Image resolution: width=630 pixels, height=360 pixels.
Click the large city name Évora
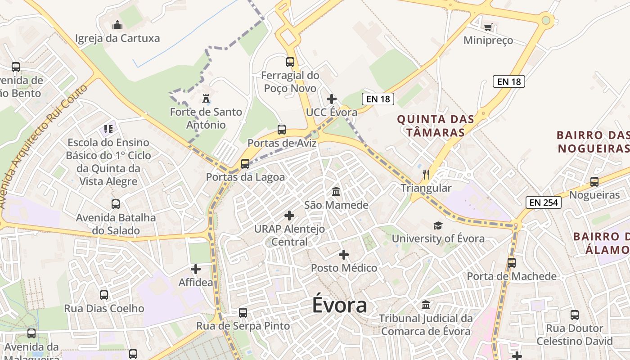pyautogui.click(x=340, y=306)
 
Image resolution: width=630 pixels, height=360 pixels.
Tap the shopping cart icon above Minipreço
pyautogui.click(x=488, y=27)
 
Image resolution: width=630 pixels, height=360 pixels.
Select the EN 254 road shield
pyautogui.click(x=544, y=202)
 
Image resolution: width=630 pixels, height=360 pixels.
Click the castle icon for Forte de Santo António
pyautogui.click(x=206, y=98)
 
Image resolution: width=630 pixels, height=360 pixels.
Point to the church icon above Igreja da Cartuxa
pyautogui.click(x=117, y=24)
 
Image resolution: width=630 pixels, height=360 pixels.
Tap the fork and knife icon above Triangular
pyautogui.click(x=426, y=174)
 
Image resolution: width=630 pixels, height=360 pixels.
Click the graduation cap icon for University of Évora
pyautogui.click(x=438, y=225)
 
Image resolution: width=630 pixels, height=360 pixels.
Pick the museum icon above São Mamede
pyautogui.click(x=336, y=192)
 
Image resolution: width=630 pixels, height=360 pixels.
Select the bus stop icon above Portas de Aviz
pyautogui.click(x=282, y=130)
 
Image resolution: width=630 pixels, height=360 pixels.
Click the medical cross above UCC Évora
pyautogui.click(x=332, y=99)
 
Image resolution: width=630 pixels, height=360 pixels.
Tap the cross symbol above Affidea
pyautogui.click(x=196, y=269)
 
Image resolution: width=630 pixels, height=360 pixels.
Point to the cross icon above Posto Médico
pyautogui.click(x=344, y=255)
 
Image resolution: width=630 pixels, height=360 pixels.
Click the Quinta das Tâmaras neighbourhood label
pyautogui.click(x=436, y=126)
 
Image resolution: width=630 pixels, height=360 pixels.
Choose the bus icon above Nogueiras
pyautogui.click(x=594, y=182)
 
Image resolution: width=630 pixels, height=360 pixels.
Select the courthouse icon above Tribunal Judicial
pyautogui.click(x=426, y=305)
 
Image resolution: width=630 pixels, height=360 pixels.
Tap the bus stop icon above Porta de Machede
pyautogui.click(x=512, y=262)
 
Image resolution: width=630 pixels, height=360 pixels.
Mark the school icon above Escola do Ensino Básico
pyautogui.click(x=108, y=130)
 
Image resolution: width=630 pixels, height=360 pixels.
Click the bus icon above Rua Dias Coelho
pyautogui.click(x=104, y=295)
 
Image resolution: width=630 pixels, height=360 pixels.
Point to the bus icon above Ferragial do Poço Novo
pyautogui.click(x=290, y=62)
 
